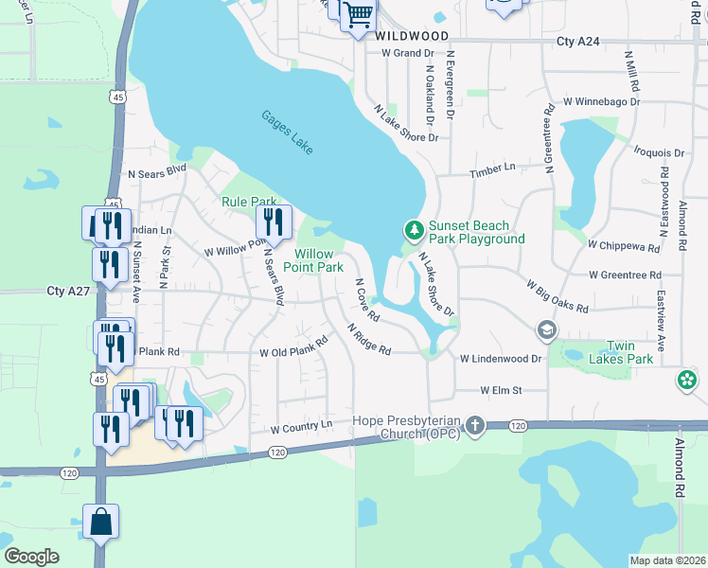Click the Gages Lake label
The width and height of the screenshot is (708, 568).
287,133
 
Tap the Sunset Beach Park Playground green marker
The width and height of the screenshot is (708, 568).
414,230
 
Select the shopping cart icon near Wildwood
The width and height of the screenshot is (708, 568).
358,15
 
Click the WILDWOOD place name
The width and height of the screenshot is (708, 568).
409,35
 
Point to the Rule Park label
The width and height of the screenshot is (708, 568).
248,202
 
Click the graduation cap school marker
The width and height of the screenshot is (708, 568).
546,329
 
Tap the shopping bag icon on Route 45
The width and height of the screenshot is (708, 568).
100,522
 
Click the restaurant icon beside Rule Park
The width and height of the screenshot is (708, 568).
273,222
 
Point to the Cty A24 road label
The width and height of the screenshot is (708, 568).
579,42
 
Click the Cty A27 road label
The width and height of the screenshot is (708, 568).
68,292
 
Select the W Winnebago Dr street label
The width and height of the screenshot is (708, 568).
601,101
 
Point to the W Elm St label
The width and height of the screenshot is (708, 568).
501,390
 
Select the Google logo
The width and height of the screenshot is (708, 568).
32,557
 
